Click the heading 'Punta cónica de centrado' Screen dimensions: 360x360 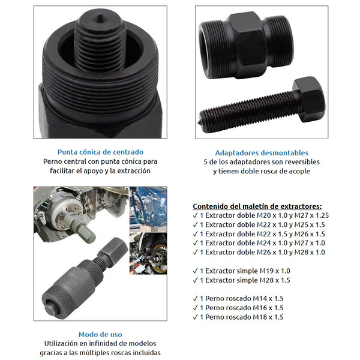point(100,152)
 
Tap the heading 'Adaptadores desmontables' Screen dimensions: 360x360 point(262,152)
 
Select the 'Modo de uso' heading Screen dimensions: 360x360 point(100,334)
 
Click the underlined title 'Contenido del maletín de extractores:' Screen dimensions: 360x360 point(257,206)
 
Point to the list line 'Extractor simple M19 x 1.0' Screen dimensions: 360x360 point(245,271)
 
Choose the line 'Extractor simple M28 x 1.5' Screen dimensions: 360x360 point(245,280)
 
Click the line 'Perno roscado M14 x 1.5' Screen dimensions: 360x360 point(242,298)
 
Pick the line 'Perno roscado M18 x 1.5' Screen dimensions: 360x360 point(242,317)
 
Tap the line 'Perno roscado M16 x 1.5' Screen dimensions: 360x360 point(242,308)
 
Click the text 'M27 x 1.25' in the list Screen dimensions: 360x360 point(311,215)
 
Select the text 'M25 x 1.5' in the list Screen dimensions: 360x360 point(310,225)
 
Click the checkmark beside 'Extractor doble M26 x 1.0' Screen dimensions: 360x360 point(196,253)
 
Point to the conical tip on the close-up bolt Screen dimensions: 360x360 point(100,17)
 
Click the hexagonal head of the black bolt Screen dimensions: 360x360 point(308,99)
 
